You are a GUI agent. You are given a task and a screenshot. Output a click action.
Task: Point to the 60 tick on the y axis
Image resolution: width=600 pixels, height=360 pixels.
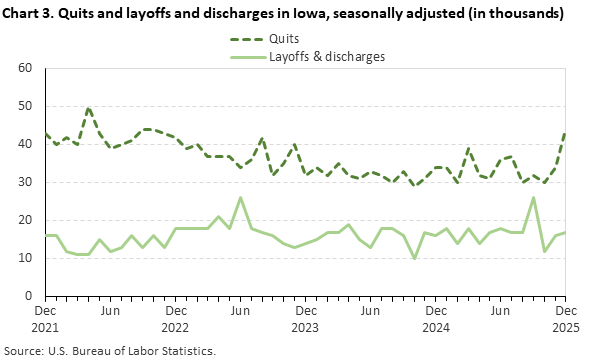point(26,68)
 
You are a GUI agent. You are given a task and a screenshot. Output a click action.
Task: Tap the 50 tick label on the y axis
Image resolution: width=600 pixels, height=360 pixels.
point(26,106)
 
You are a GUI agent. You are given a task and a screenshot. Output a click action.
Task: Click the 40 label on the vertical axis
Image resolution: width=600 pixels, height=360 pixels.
point(26,144)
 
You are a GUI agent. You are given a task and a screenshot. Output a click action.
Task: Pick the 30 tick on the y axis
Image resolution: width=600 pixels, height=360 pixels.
point(26,182)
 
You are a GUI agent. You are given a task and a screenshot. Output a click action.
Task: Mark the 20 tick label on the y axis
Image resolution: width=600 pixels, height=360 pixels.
point(26,220)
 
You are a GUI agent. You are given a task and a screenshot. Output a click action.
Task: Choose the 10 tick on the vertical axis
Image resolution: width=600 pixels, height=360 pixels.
point(26,258)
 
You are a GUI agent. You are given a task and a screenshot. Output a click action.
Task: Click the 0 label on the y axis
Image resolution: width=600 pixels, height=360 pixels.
point(29,296)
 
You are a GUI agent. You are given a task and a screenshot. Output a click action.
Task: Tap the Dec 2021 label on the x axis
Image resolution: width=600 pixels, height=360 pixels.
point(44,318)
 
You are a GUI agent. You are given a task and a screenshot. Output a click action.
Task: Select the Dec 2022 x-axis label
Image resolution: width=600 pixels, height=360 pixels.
point(175,318)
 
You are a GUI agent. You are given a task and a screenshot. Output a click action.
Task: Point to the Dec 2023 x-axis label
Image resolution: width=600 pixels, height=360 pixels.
point(305,318)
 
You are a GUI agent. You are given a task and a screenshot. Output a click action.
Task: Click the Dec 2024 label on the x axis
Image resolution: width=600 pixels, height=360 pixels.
point(436,318)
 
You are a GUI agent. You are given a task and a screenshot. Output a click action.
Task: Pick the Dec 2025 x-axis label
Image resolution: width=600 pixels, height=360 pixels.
point(566,318)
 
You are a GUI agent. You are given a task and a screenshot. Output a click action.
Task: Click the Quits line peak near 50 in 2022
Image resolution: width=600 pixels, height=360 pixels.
point(89,107)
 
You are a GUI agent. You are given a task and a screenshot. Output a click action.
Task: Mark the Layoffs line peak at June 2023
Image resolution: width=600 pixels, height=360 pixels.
point(240,197)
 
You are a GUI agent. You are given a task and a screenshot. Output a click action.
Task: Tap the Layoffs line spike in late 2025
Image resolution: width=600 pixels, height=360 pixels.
point(533,197)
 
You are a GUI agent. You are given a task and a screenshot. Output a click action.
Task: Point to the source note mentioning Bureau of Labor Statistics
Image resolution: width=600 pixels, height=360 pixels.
point(110,351)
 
